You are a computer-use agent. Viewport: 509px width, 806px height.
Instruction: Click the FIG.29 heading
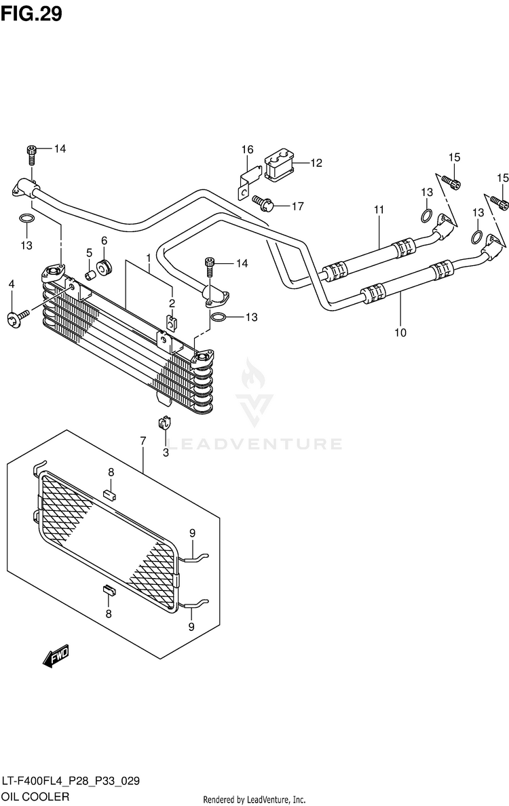tap(31, 14)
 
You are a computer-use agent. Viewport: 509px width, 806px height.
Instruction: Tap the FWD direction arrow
tap(56, 656)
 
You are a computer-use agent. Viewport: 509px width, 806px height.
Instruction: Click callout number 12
tap(316, 163)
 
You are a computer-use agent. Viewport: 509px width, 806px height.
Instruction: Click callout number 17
tap(298, 206)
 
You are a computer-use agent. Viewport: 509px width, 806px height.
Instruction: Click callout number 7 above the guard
tap(143, 441)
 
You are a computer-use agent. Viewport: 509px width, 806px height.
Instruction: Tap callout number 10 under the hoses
tap(400, 332)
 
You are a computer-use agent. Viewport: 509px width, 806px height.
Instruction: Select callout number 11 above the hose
tap(379, 210)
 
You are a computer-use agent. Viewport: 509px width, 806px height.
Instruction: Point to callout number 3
tap(166, 453)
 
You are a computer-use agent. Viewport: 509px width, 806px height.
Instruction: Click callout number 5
tap(89, 252)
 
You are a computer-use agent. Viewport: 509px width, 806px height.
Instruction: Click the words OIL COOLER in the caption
tap(35, 797)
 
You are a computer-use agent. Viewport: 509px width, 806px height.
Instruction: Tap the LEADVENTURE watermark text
tap(254, 444)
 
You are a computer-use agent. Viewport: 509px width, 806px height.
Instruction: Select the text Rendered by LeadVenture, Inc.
tap(254, 799)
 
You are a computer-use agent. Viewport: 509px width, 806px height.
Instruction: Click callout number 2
tap(172, 303)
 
